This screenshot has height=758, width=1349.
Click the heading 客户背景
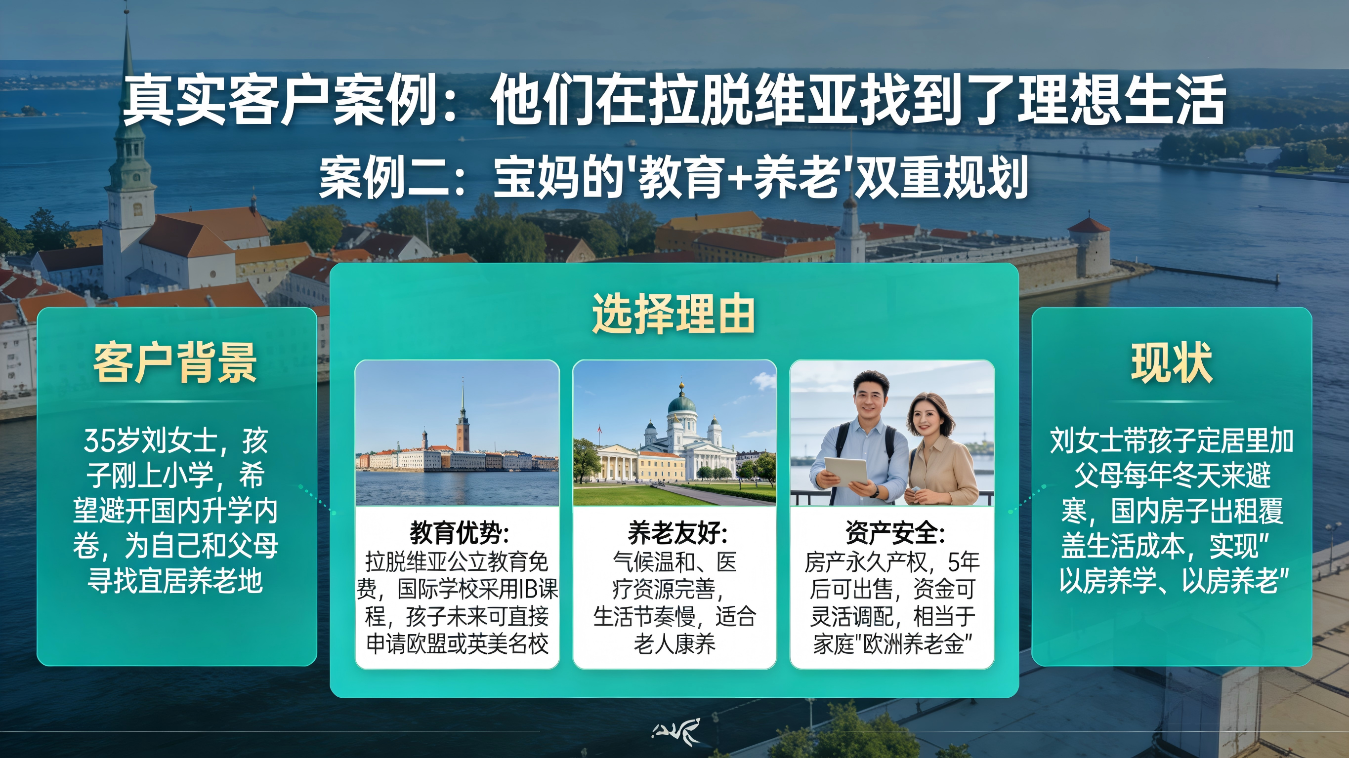(175, 363)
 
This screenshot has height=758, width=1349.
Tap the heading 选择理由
(674, 314)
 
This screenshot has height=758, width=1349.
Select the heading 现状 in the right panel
(1172, 363)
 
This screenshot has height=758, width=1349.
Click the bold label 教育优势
(459, 533)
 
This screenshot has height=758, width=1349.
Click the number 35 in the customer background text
(99, 441)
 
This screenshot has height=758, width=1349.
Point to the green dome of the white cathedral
(682, 404)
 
